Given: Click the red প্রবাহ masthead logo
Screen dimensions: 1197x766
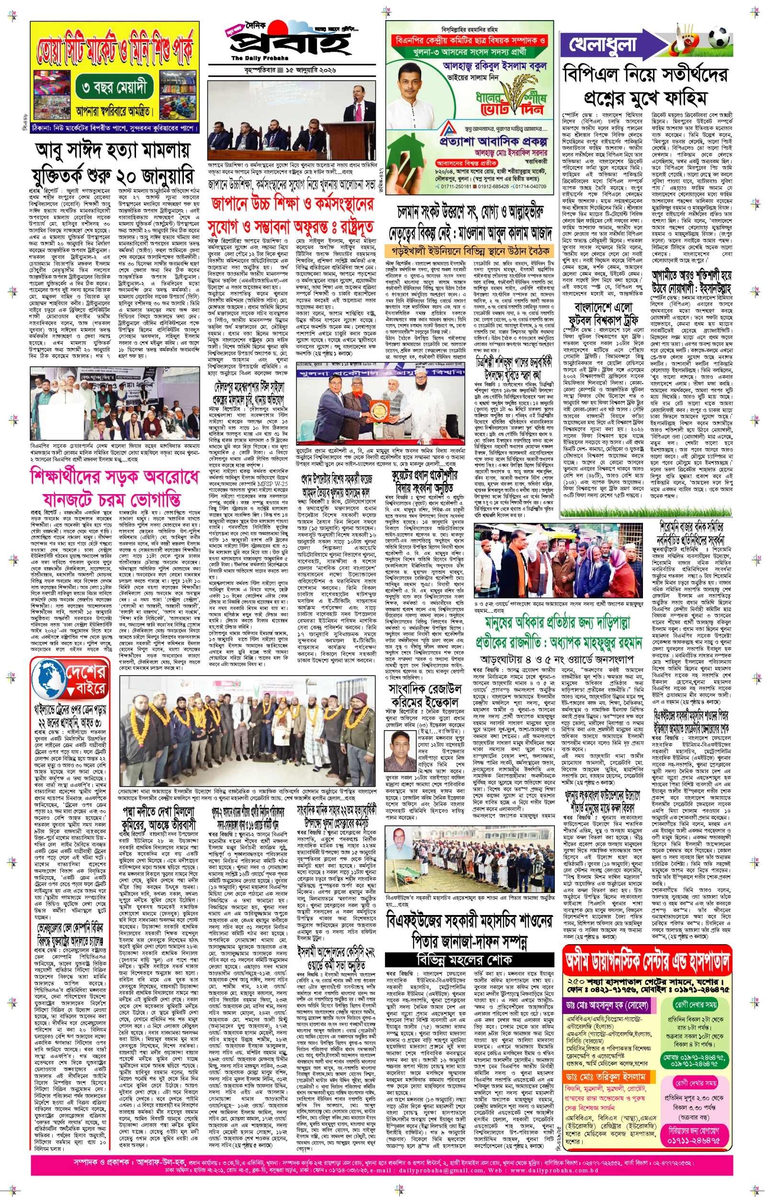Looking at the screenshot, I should pos(291,43).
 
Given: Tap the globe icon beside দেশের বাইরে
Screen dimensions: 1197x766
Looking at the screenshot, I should pos(49,679).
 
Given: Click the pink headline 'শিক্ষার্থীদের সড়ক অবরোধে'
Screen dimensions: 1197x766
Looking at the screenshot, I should pos(114,476).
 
